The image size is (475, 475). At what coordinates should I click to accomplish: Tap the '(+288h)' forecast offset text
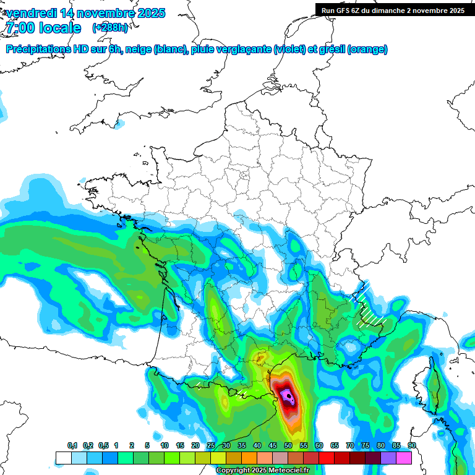pyautogui.click(x=109, y=28)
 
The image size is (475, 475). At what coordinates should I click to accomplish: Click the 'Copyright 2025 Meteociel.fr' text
pyautogui.click(x=262, y=471)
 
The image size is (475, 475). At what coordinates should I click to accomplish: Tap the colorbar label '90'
pyautogui.click(x=411, y=445)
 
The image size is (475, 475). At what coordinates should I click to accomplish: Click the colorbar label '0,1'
pyautogui.click(x=72, y=445)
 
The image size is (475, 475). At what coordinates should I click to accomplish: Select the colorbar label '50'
pyautogui.click(x=288, y=445)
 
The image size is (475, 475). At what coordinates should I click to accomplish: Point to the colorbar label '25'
pyautogui.click(x=211, y=445)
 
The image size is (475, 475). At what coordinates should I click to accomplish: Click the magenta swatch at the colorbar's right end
pyautogui.click(x=404, y=458)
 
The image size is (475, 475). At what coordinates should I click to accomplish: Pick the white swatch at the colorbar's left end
pyautogui.click(x=63, y=458)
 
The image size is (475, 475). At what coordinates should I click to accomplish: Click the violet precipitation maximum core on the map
pyautogui.click(x=286, y=395)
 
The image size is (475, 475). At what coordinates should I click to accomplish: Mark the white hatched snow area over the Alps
pyautogui.click(x=369, y=307)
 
